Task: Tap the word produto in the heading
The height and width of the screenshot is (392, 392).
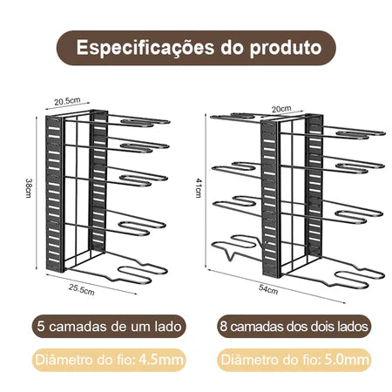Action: coord(286,48)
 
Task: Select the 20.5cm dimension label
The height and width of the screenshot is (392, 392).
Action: coord(67,101)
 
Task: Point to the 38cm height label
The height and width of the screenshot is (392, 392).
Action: coord(28,188)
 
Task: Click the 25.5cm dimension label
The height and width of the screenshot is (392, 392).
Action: coord(82,289)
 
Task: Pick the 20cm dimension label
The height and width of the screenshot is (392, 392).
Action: coord(281,109)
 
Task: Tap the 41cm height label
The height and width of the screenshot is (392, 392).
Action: coord(199,188)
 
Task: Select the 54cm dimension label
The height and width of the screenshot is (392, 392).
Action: coord(268,289)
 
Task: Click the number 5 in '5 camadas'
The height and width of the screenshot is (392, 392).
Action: coord(41,327)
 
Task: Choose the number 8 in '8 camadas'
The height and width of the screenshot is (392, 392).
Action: coord(223,327)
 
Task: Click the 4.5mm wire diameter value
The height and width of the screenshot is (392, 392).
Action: coord(161,360)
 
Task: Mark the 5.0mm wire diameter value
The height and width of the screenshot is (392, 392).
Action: coord(347,360)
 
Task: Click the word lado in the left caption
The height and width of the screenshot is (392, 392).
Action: coord(168,327)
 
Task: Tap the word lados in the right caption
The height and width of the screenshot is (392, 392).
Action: coord(353,327)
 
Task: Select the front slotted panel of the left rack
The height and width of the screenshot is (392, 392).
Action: coord(54,193)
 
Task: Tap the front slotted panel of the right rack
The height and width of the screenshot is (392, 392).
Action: coord(270,198)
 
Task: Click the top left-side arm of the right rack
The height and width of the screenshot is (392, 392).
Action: coord(235,118)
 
